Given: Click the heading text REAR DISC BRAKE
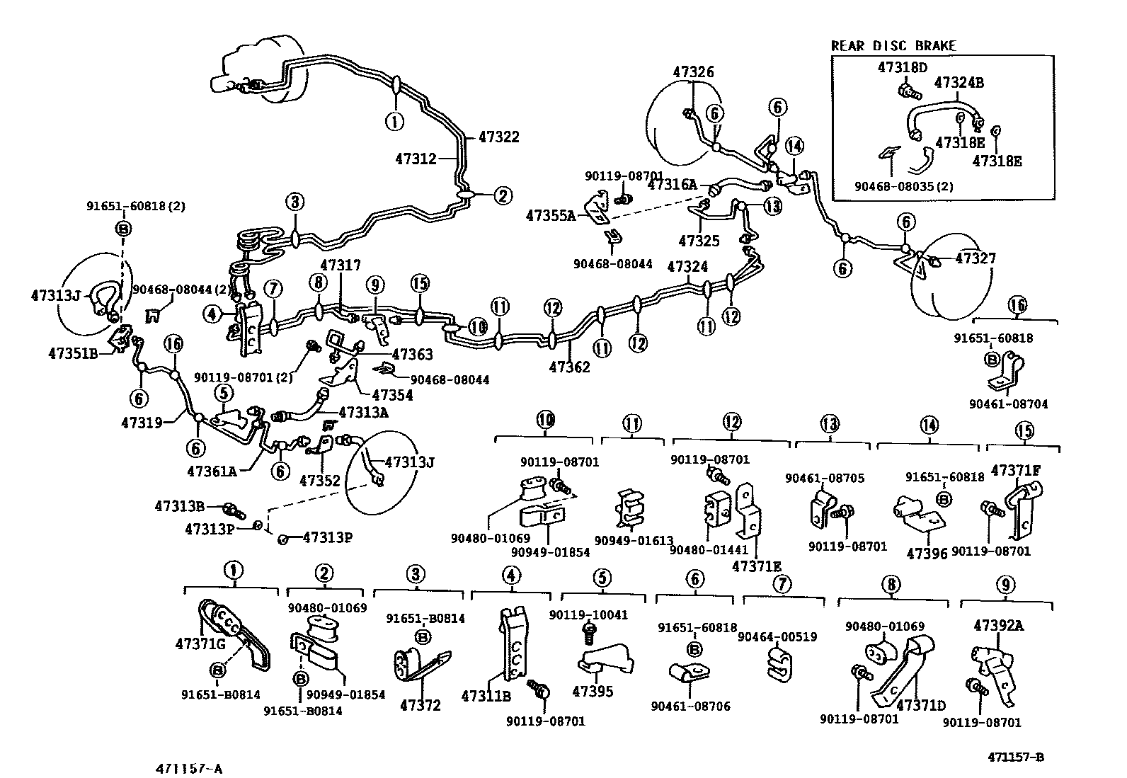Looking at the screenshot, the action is pos(893,46).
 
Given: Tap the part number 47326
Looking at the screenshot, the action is pos(693,72).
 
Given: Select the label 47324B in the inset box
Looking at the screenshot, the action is pos(959,83).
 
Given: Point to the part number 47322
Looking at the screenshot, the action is pos(498,137).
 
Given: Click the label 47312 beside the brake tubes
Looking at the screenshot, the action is pos(416,159).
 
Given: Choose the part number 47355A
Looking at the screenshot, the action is pos(551,216).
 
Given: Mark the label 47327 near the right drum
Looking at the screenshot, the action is pos(976,258).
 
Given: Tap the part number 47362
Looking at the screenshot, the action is pos(570,367).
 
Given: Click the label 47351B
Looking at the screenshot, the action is pos(73,354).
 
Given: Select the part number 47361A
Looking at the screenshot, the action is pos(212,471).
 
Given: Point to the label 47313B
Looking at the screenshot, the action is pos(180,506).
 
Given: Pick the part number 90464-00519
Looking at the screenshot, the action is pos(777,637).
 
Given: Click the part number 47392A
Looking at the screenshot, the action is pos(999,626).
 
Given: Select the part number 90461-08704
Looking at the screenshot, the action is pos(1009,404).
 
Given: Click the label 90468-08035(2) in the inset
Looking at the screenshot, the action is pos(903,187).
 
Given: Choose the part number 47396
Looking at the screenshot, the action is pos(927,554).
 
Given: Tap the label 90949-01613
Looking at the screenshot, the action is pos(634,540).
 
